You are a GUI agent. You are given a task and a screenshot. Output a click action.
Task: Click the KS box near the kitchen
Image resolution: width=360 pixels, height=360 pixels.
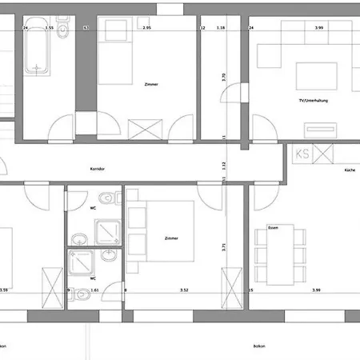[302, 152]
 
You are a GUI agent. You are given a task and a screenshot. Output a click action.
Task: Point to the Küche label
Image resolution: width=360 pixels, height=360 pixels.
[350, 170]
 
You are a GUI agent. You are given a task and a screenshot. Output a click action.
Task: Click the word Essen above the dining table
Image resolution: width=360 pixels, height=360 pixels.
[273, 226]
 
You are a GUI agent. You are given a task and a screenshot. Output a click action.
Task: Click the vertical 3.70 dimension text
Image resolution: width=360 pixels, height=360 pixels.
[224, 80]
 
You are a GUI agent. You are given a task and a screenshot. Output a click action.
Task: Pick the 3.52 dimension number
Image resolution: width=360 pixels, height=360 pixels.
[184, 290]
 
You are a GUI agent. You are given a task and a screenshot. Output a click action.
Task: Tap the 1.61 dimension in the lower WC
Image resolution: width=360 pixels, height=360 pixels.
[94, 290]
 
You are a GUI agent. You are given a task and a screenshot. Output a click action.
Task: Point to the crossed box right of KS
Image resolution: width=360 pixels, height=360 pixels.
[323, 152]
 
